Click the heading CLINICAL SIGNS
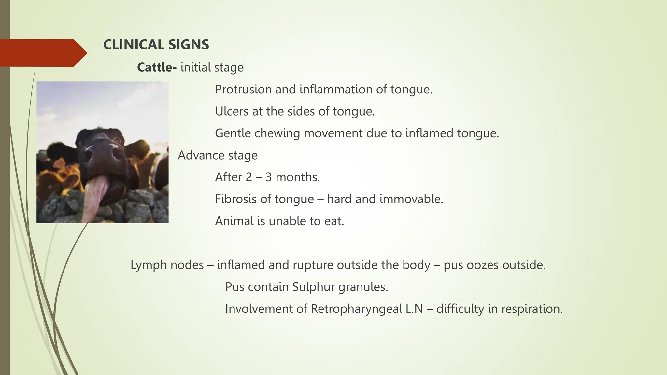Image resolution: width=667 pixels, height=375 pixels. click(156, 45)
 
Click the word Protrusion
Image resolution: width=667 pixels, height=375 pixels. click(243, 89)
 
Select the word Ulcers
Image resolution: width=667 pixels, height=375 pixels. click(232, 111)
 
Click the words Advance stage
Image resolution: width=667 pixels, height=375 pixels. click(218, 155)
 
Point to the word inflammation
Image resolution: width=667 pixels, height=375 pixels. click(336, 89)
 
